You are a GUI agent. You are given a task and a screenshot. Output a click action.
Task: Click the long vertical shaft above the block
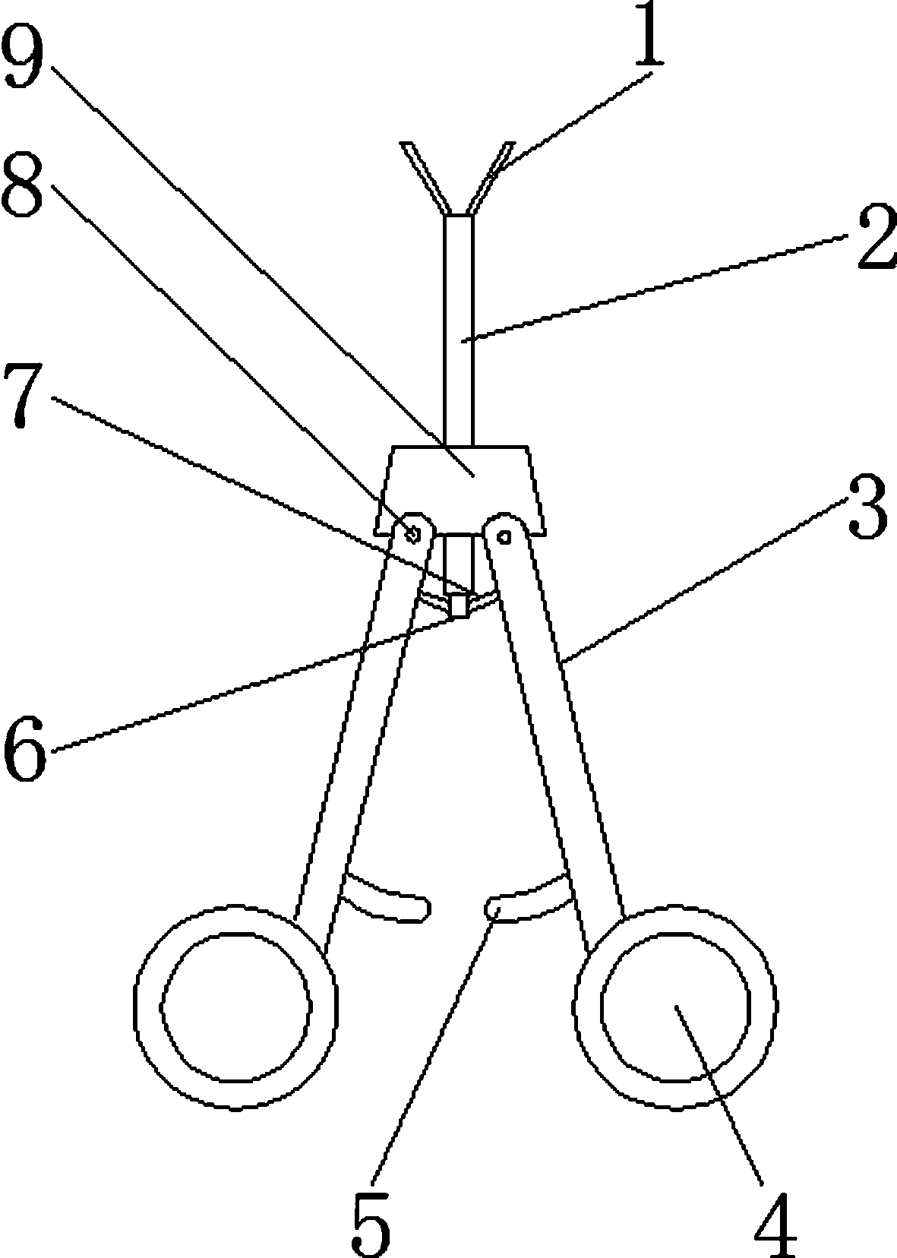click(458, 327)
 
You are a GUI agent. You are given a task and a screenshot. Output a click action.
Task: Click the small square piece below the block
click(458, 606)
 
